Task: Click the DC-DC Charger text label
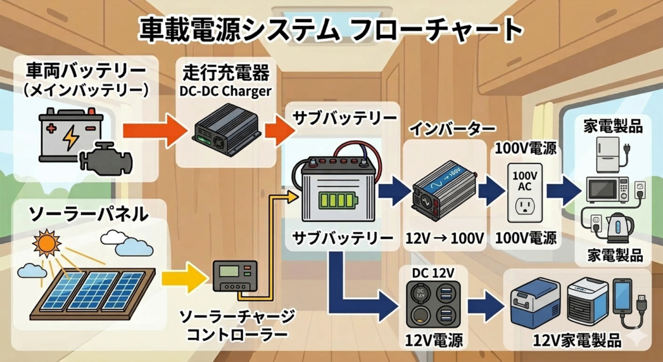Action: click(x=225, y=91)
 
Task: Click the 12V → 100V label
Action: click(x=445, y=238)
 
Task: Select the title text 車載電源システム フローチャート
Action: click(x=331, y=30)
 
